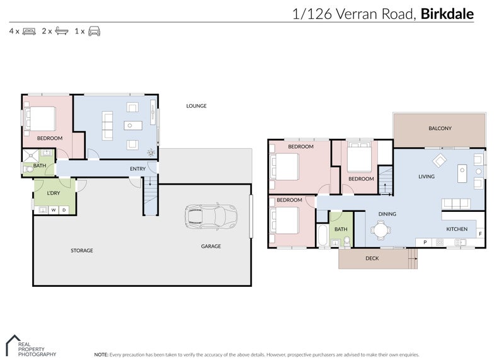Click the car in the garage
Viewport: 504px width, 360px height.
tap(211, 216)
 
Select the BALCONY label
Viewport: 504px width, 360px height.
tap(440, 129)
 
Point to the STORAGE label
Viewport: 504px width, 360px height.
tap(81, 251)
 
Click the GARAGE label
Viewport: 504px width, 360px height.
tap(210, 247)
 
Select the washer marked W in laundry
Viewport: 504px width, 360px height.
tap(54, 210)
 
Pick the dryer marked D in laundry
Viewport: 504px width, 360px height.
tap(64, 210)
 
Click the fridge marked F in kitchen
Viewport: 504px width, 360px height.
tap(480, 234)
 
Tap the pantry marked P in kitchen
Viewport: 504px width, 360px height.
tap(425, 242)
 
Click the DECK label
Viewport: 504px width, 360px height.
tap(372, 258)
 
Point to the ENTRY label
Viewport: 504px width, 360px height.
tap(137, 169)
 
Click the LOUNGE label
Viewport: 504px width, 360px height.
tap(196, 106)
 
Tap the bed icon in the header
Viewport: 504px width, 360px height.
tap(29, 31)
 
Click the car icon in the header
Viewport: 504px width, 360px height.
tap(94, 31)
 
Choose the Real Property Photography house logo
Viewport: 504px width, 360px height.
tap(13, 344)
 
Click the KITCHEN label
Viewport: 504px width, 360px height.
tap(457, 229)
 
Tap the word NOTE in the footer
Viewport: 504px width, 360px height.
tap(101, 355)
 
